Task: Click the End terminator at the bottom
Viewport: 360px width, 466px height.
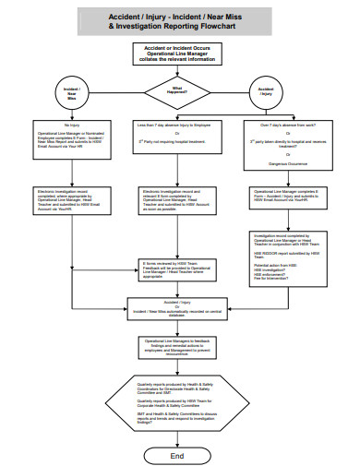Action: (x=177, y=456)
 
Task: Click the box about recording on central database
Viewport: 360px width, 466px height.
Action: (x=177, y=308)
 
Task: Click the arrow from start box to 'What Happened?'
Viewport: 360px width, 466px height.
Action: (x=177, y=71)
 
